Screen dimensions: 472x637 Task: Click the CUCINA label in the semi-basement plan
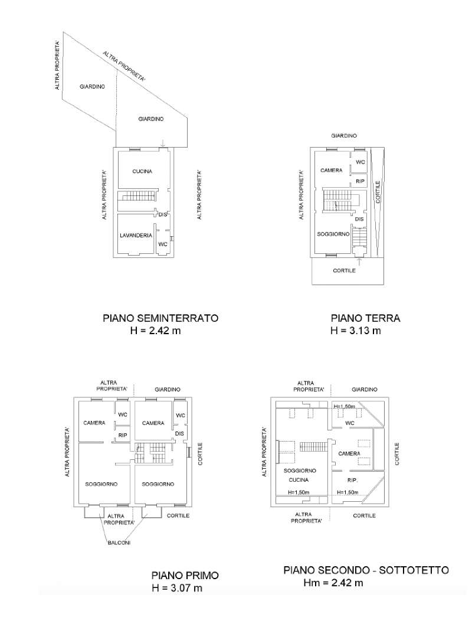coord(142,171)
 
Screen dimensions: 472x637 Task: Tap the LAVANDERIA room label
coord(136,235)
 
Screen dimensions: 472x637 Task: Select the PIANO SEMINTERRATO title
coord(160,318)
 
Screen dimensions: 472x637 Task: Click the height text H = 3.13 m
coord(356,330)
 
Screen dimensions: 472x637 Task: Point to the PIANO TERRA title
coord(366,318)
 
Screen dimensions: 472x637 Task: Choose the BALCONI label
coord(119,543)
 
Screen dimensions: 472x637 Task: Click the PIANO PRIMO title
coord(185,575)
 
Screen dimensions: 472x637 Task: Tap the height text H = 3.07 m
coord(177,588)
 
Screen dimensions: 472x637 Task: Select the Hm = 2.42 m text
coord(333,583)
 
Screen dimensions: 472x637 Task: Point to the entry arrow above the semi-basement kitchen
coord(163,143)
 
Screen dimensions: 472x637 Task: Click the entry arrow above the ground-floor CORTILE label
coord(359,261)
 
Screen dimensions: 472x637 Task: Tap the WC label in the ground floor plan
coord(360,162)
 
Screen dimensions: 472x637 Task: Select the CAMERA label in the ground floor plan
coord(332,170)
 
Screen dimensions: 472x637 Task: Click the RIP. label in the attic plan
coord(353,480)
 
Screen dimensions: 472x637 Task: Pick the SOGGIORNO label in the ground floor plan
coord(333,234)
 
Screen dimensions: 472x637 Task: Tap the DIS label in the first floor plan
coord(179,434)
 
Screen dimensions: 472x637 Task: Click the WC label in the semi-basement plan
coord(163,244)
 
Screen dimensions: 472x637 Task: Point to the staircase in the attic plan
coord(313,446)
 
